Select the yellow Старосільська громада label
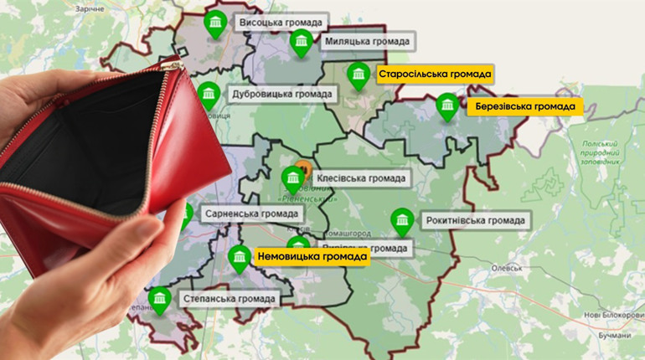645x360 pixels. (434, 75)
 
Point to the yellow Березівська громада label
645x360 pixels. (525, 107)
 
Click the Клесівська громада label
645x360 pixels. (362, 178)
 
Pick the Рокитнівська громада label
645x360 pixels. (475, 221)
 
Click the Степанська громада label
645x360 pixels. (227, 298)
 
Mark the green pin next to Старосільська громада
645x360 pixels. (359, 75)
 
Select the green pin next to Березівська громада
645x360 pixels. (448, 105)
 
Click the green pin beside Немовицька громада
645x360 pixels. (240, 256)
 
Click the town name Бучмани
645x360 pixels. (616, 335)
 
